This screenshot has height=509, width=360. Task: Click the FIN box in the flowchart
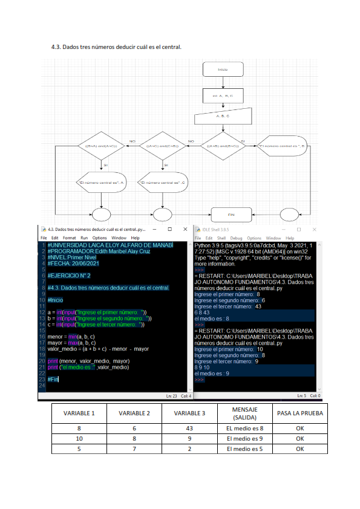[x=230, y=214]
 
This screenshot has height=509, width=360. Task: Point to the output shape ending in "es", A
[x=101, y=182]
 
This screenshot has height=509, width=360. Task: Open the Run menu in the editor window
[x=85, y=238]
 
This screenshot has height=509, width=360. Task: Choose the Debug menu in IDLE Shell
[x=236, y=238]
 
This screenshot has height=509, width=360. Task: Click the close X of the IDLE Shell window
[x=314, y=230]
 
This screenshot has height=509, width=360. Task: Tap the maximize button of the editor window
[x=169, y=230]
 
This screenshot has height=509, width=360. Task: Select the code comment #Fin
[x=53, y=378]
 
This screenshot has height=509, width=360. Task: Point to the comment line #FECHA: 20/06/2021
[x=73, y=263]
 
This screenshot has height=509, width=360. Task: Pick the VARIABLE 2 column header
[x=134, y=413]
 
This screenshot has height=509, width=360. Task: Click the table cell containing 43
[x=189, y=428]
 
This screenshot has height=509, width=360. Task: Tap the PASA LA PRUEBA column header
[x=299, y=413]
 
